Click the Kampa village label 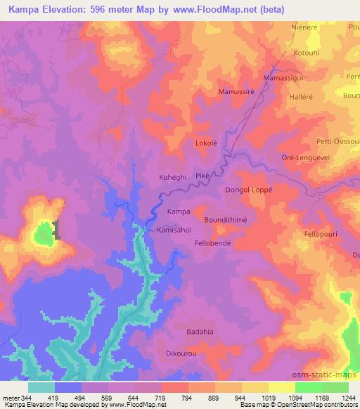tap(179, 212)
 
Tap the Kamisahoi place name tap(174, 230)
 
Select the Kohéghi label tap(172, 178)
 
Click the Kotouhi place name tap(307, 53)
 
